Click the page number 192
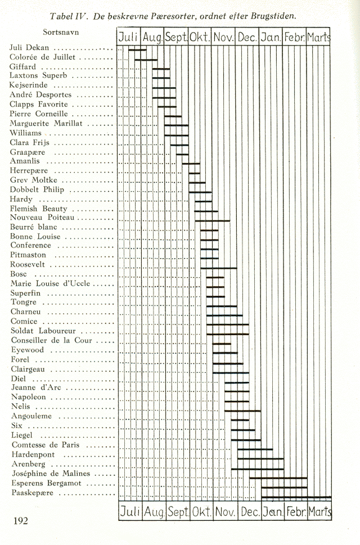(20, 521)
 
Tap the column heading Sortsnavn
(61, 31)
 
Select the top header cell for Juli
(129, 38)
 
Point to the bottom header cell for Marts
(319, 512)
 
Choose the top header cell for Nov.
(224, 38)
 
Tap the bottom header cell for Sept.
(177, 512)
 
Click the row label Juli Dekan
(30, 47)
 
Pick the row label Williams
(26, 133)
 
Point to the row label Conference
(30, 245)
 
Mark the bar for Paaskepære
(296, 497)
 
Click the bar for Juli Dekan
(137, 49)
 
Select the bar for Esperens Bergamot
(284, 488)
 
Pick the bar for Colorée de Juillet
(146, 59)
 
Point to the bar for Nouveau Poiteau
(212, 220)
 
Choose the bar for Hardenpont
(255, 449)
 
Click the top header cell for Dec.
(247, 38)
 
